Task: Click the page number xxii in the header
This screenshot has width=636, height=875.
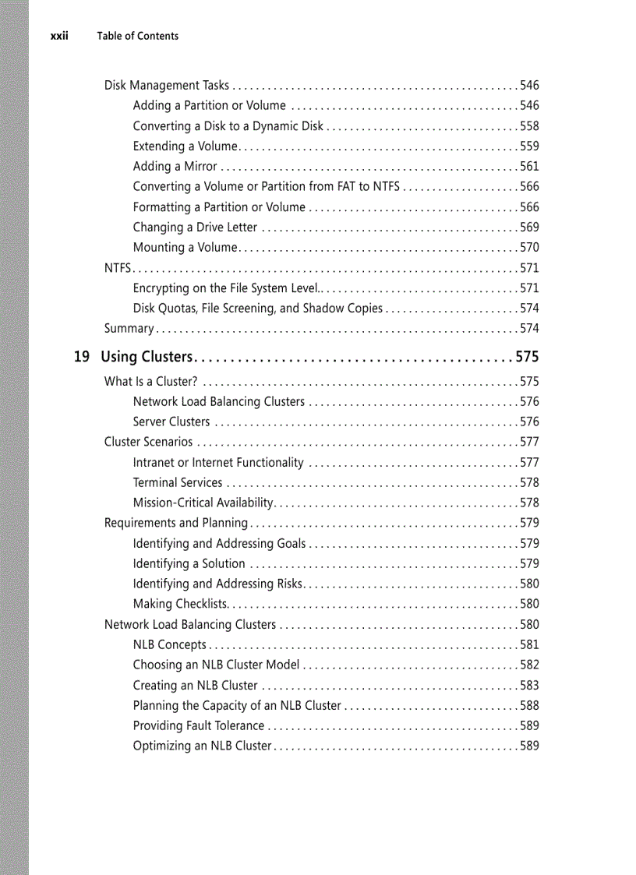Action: [x=59, y=36]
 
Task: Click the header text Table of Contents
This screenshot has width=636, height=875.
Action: [x=137, y=36]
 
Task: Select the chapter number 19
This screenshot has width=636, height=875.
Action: [x=81, y=357]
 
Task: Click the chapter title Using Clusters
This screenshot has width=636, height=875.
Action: [x=147, y=357]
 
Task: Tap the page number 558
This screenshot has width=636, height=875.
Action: [x=529, y=126]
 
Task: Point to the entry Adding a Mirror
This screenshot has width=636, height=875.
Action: [x=175, y=166]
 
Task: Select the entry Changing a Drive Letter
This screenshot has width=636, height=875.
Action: [x=195, y=228]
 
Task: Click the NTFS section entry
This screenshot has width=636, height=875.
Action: [x=117, y=268]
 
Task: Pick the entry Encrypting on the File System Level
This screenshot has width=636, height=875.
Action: [x=226, y=288]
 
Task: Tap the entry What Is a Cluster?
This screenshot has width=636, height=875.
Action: [x=150, y=382]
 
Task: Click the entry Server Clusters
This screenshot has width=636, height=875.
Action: [x=171, y=422]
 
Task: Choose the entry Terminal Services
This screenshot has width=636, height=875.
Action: [x=178, y=483]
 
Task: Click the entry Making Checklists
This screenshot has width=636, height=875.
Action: [x=179, y=604]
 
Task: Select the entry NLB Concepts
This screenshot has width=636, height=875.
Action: [x=169, y=645]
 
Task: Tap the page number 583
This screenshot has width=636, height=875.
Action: [x=529, y=686]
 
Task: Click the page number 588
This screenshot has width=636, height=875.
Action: [x=529, y=706]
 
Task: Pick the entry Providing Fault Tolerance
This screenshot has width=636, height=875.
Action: [x=198, y=726]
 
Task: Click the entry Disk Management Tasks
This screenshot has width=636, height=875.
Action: [x=167, y=86]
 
